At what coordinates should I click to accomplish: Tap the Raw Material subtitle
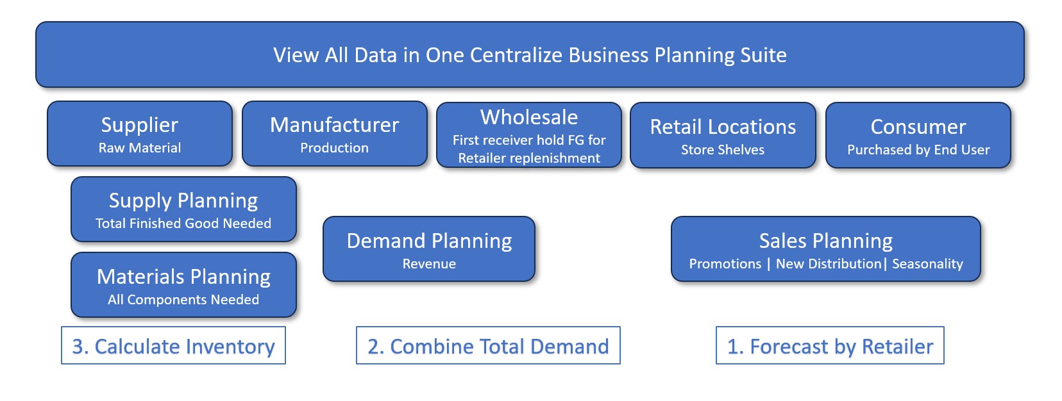pos(140,148)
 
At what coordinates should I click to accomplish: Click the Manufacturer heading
pos(334,125)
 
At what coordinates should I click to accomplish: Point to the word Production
pos(334,148)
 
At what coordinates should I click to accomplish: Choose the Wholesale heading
pos(529,117)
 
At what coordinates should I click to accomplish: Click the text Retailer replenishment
pos(529,158)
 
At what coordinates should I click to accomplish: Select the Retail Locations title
pos(723,127)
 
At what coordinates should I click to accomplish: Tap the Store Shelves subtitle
pos(723,150)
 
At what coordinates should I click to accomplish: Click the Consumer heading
pos(918,127)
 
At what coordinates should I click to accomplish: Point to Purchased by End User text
pos(918,150)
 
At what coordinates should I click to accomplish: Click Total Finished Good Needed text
pos(183,224)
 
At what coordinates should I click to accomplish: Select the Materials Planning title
pos(183,277)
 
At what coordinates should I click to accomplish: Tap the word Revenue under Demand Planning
pos(429,264)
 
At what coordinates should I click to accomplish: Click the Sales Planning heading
pos(826,241)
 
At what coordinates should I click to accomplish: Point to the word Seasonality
pos(928,264)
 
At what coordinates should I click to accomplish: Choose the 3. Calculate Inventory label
pos(174,346)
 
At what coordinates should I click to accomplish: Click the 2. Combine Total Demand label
pos(488,346)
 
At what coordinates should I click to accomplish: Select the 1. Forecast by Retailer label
pos(830,346)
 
